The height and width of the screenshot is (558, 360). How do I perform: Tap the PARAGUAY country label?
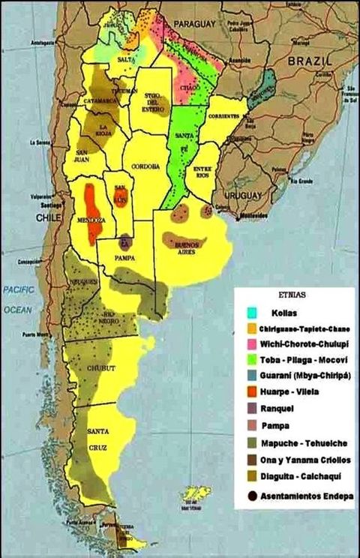pos(196,25)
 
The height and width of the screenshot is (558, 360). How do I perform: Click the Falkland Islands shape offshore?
pos(196,493)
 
